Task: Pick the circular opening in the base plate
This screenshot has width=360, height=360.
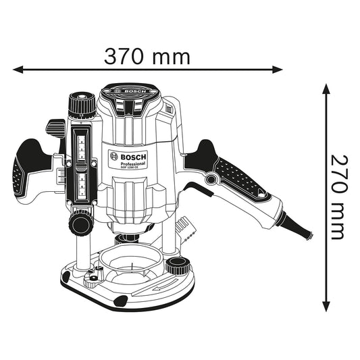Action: pos(128,261)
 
